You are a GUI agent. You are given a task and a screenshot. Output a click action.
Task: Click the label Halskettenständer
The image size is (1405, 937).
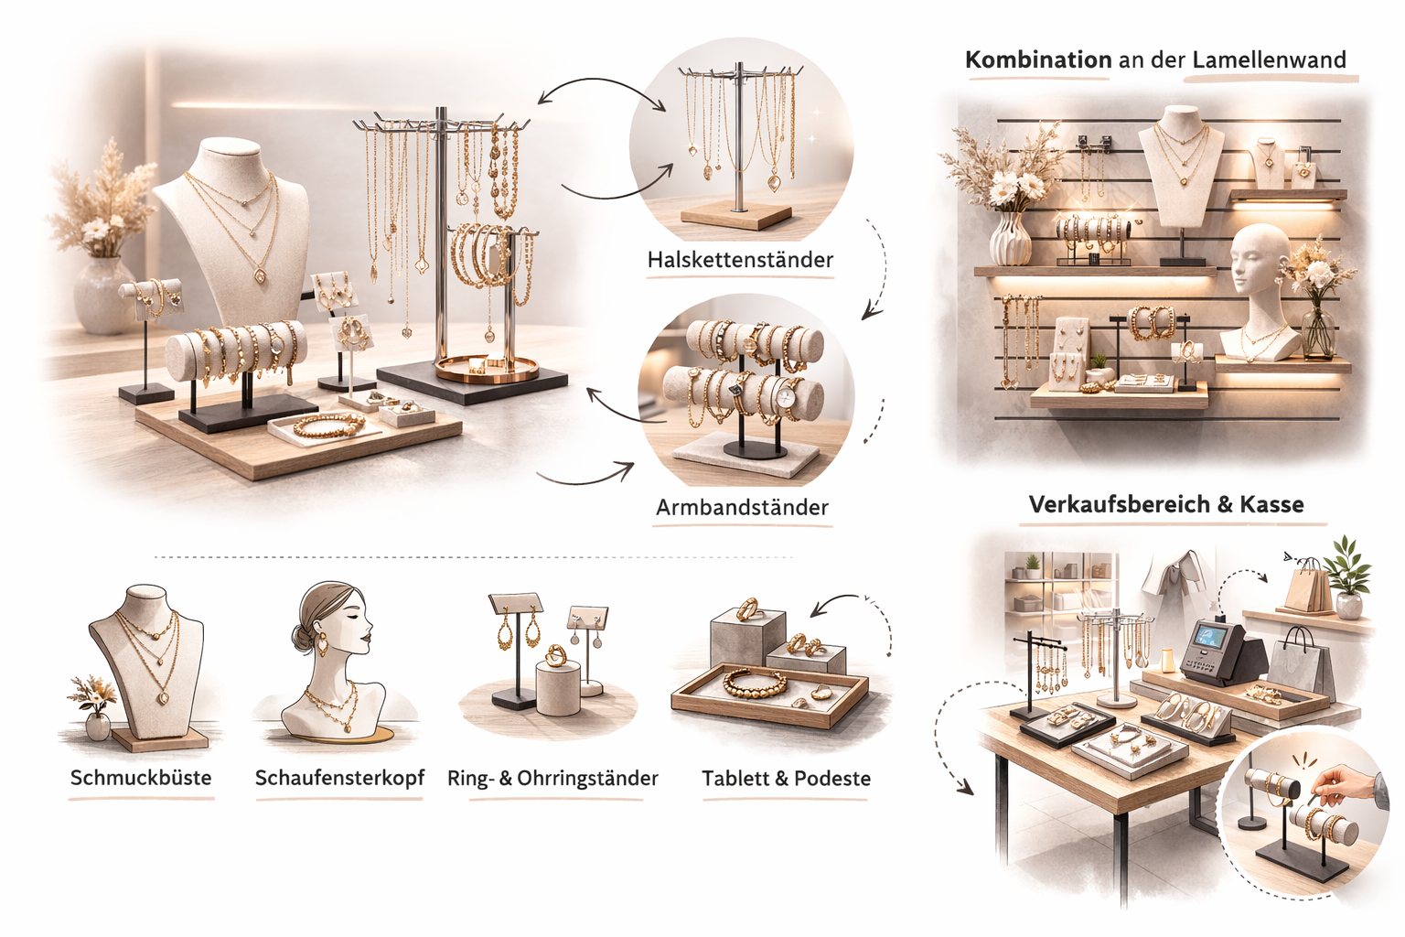pos(740,260)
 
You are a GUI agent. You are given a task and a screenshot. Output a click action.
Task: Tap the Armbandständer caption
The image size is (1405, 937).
pos(742,507)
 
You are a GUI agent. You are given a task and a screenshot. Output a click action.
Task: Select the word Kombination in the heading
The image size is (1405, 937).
pos(1038,60)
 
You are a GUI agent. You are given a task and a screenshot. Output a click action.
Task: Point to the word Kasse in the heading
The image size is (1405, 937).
pos(1271,504)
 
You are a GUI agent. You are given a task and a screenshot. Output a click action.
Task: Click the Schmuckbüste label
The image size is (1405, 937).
pos(141,778)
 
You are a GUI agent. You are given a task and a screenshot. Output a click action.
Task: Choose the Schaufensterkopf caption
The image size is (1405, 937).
pos(339,778)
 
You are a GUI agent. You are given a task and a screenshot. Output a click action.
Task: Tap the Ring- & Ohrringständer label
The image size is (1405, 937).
pos(552,779)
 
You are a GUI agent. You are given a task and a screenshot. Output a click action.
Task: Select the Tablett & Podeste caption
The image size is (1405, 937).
pos(786,779)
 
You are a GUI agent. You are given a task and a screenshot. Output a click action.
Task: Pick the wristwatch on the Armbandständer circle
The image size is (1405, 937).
pos(787,395)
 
